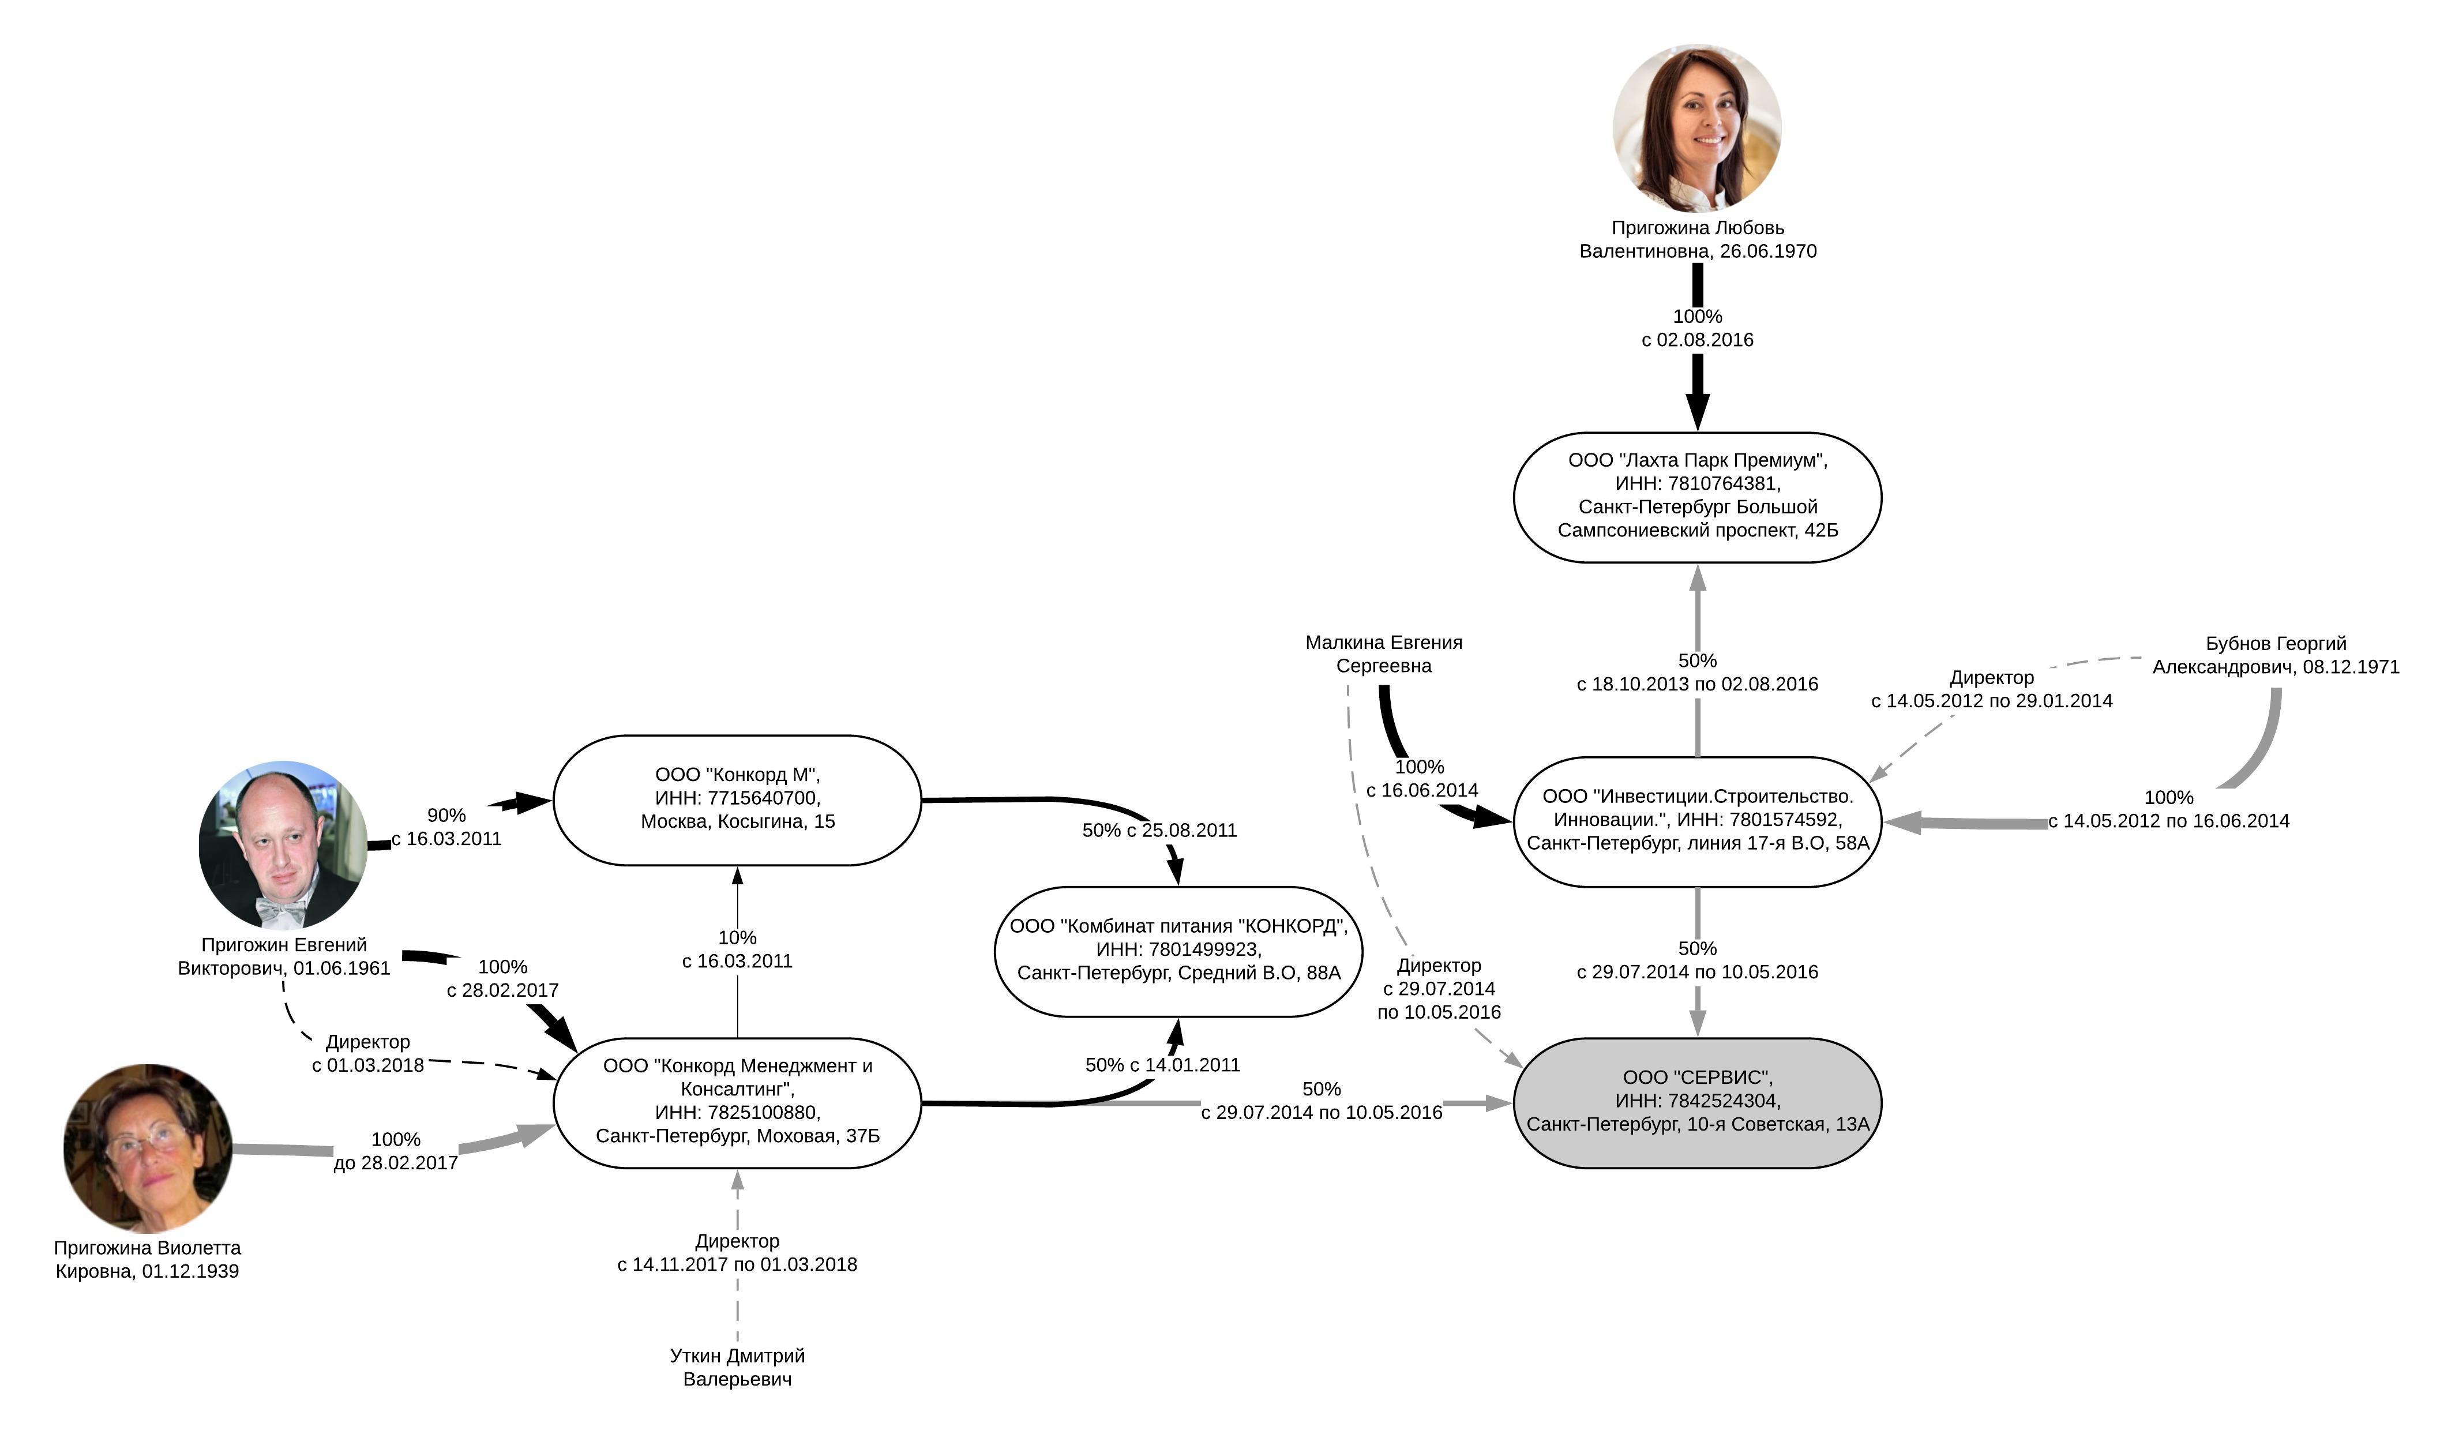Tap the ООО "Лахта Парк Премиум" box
pos(1697,497)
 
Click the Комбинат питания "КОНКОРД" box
pos(1178,950)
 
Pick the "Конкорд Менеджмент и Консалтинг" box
pos(737,1102)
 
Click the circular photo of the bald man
pos(283,844)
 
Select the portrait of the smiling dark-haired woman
pos(1697,127)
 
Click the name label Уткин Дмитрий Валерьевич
pos(737,1367)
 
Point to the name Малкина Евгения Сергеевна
pos(1383,654)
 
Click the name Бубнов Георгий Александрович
pos(2275,655)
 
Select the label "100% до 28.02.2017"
pos(396,1151)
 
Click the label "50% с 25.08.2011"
pos(1159,830)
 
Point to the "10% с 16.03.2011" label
pos(737,949)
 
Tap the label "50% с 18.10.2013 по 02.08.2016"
pos(1697,672)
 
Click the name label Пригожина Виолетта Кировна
pos(147,1259)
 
